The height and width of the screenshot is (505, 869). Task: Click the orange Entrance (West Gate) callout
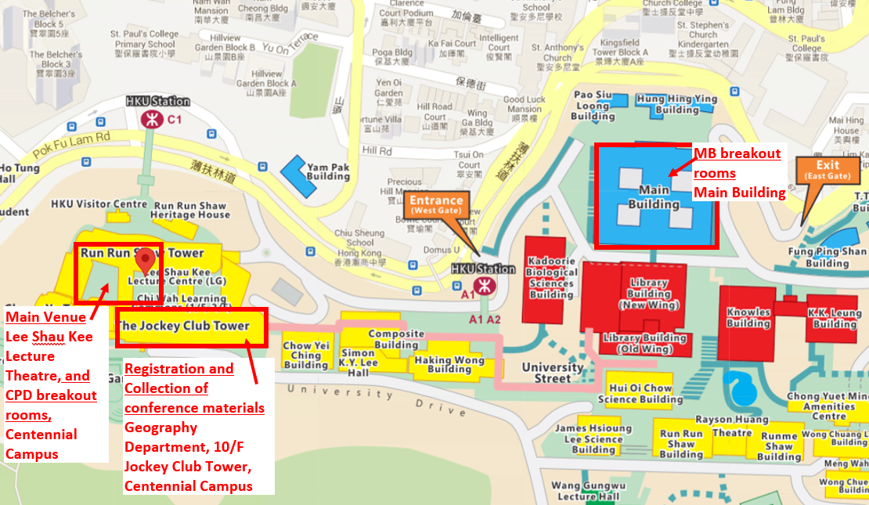[436, 206]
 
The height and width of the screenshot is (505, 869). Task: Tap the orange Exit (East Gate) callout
[828, 170]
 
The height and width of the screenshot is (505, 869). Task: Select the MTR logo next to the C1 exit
[149, 119]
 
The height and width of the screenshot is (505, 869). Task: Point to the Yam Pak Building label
[328, 171]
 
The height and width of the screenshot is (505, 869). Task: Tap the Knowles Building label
[748, 318]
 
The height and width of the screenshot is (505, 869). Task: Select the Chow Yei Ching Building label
[306, 355]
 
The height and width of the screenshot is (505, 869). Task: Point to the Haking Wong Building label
[444, 365]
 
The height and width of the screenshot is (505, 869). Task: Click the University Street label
[553, 373]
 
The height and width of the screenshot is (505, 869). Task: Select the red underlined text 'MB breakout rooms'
[737, 163]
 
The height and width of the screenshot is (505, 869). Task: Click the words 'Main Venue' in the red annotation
[40, 317]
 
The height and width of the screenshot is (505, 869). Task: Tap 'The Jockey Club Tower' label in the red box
[183, 326]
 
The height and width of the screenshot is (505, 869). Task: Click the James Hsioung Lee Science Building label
[593, 439]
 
